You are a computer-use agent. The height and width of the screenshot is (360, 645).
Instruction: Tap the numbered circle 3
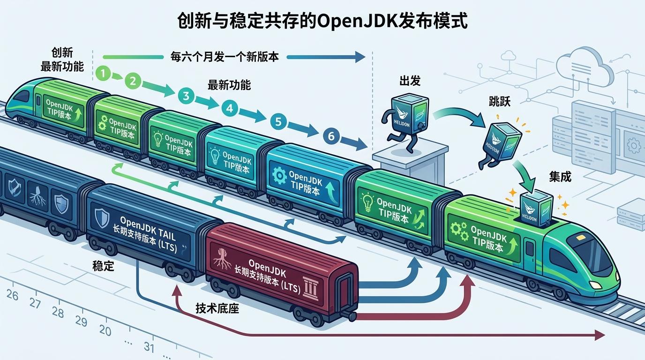click(186, 96)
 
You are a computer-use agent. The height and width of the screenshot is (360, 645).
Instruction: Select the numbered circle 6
click(331, 136)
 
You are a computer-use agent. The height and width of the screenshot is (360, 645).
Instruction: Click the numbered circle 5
click(278, 122)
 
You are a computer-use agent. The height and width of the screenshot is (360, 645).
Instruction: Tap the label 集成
click(560, 177)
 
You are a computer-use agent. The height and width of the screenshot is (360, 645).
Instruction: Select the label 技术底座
click(217, 308)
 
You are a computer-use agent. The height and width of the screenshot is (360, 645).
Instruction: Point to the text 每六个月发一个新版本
click(225, 57)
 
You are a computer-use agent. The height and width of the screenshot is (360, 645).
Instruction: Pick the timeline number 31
click(149, 347)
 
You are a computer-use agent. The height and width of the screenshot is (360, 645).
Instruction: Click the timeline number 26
click(13, 296)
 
